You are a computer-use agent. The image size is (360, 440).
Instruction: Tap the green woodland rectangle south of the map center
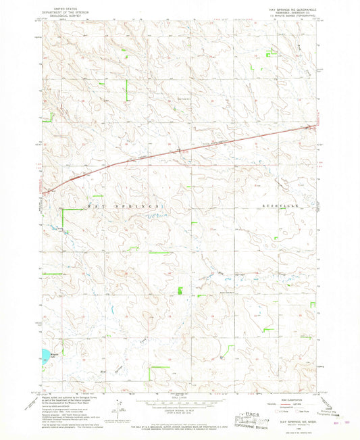click(180, 291)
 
